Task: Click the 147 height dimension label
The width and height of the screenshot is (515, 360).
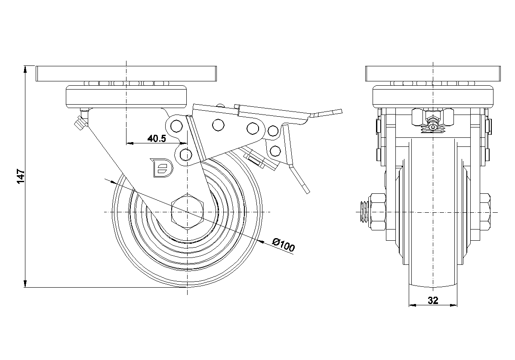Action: [21, 177]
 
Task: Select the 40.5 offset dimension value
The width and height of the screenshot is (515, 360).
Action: [157, 138]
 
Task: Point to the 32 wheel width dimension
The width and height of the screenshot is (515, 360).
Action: [433, 300]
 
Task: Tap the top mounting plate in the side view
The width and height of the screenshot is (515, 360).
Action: [126, 73]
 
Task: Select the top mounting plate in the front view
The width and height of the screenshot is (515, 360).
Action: [433, 73]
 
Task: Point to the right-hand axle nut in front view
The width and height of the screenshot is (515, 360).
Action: [485, 212]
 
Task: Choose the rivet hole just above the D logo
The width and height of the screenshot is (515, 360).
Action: [186, 153]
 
